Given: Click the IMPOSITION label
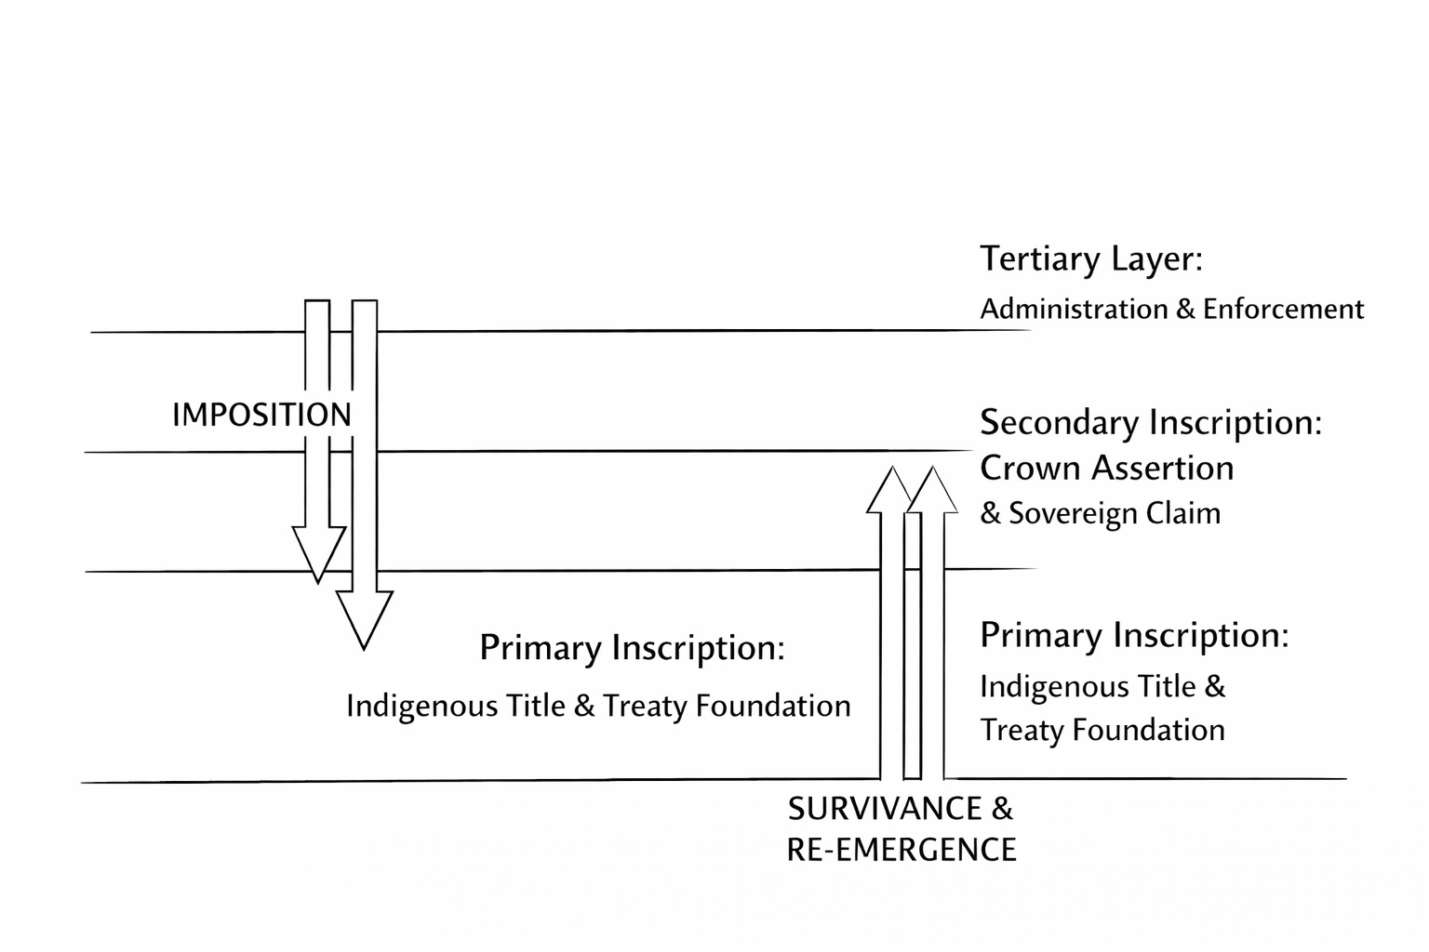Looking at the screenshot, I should tap(261, 415).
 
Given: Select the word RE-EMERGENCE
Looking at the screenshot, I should tap(901, 850).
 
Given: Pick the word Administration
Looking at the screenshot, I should tap(1075, 309).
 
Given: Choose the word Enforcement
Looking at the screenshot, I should tap(1283, 309).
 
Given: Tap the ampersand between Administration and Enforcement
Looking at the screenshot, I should tap(1185, 309).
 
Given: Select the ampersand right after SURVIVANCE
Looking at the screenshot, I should tap(1002, 809).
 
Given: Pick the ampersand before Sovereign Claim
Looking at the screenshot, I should tap(990, 513).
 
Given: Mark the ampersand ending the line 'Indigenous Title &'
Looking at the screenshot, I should tap(1215, 687).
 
